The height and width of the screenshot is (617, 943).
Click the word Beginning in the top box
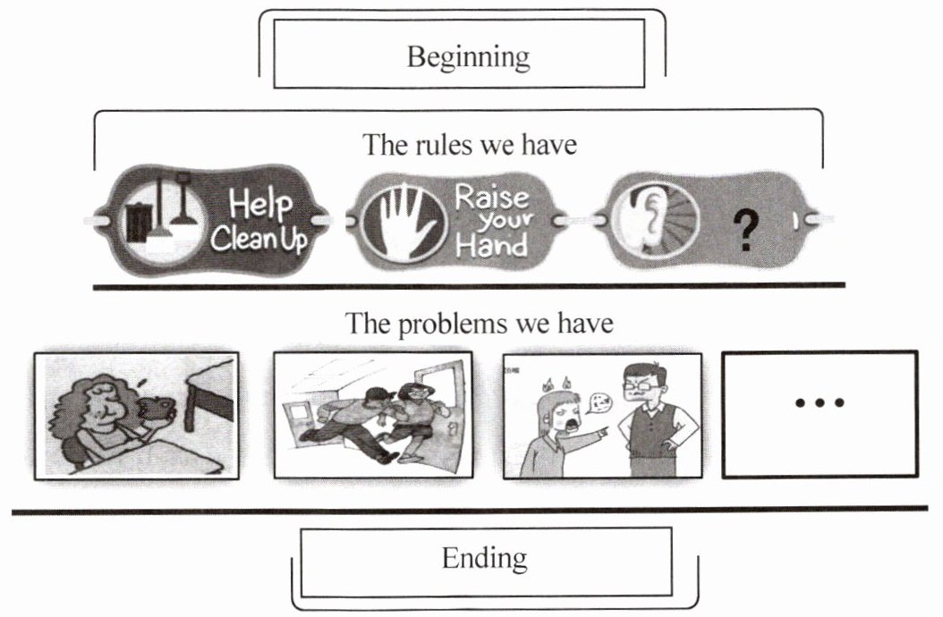point(468,56)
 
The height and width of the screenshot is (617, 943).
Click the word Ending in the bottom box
point(484,559)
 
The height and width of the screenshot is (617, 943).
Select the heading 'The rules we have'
point(469,144)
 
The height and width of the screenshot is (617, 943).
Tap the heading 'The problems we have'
point(480,323)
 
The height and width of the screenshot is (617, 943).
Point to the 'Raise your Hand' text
point(492,220)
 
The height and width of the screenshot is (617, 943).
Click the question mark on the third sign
point(743,232)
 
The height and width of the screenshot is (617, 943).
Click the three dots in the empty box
point(819,402)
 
